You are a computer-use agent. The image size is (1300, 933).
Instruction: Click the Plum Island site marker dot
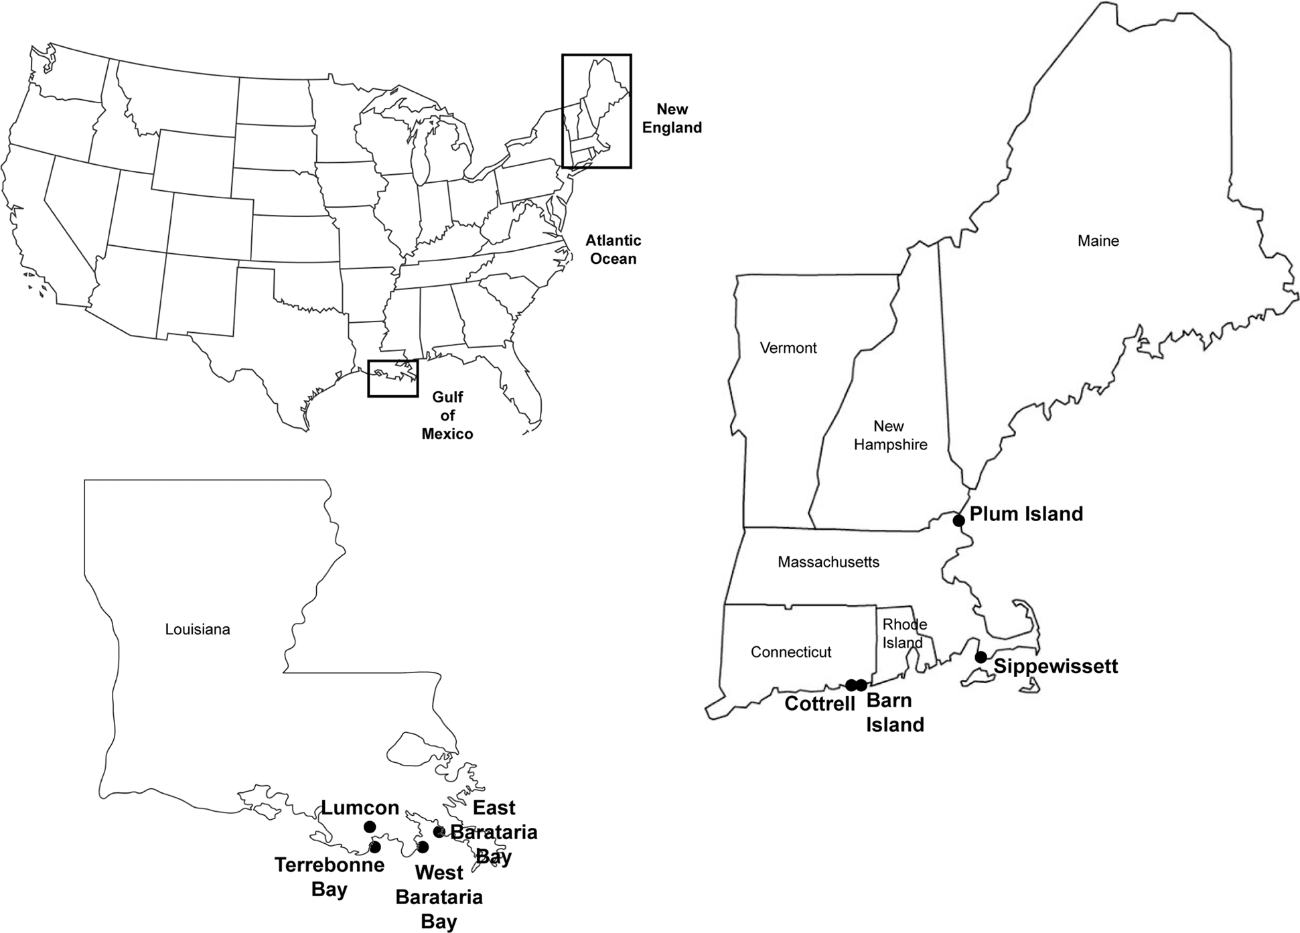pyautogui.click(x=958, y=520)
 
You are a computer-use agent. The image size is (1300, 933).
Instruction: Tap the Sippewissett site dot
pyautogui.click(x=981, y=657)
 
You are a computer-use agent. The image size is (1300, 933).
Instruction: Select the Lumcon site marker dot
pyautogui.click(x=369, y=827)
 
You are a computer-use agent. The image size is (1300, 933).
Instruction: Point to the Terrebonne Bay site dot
pyautogui.click(x=375, y=847)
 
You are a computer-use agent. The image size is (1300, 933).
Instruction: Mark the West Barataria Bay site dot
pyautogui.click(x=423, y=847)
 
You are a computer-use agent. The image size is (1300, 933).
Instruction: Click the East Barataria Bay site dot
pyautogui.click(x=439, y=832)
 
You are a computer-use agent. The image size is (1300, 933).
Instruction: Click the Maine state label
pyautogui.click(x=1098, y=241)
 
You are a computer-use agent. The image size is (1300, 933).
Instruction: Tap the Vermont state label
pyautogui.click(x=788, y=348)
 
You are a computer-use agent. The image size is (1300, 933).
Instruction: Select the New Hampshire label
pyautogui.click(x=890, y=435)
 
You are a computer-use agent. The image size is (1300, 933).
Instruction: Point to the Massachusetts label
pyautogui.click(x=828, y=563)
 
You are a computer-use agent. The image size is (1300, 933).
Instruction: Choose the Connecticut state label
pyautogui.click(x=791, y=652)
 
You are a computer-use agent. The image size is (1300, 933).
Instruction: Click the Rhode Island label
pyautogui.click(x=904, y=634)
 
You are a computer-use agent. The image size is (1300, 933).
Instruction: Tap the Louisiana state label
pyautogui.click(x=198, y=630)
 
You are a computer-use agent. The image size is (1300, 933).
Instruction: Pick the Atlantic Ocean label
pyautogui.click(x=613, y=250)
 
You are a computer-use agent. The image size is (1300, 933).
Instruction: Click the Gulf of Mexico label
pyautogui.click(x=447, y=415)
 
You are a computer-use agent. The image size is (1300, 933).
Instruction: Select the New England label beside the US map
pyautogui.click(x=672, y=119)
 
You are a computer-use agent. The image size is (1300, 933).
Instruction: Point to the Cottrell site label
pyautogui.click(x=820, y=704)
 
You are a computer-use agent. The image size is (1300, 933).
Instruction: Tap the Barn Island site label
pyautogui.click(x=895, y=713)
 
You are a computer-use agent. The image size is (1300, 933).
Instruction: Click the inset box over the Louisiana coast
pyautogui.click(x=392, y=378)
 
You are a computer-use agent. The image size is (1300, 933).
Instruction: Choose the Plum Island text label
pyautogui.click(x=1026, y=514)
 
